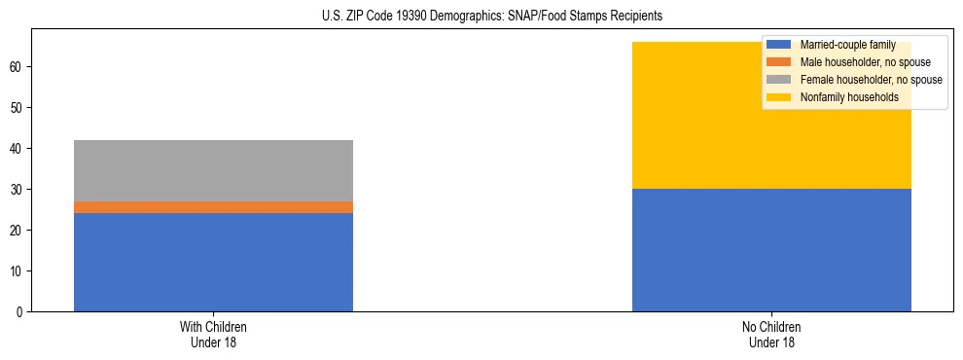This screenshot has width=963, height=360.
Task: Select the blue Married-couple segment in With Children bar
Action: pos(213,262)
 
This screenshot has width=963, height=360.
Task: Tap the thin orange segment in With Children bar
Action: pos(213,207)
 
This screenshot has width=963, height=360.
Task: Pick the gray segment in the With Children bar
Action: pos(213,170)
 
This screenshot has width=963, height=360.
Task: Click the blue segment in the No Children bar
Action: pos(771,250)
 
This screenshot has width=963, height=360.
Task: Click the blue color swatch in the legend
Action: pos(779,45)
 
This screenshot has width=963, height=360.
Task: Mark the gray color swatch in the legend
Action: pos(779,80)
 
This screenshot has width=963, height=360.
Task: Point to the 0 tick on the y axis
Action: pos(21,311)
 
